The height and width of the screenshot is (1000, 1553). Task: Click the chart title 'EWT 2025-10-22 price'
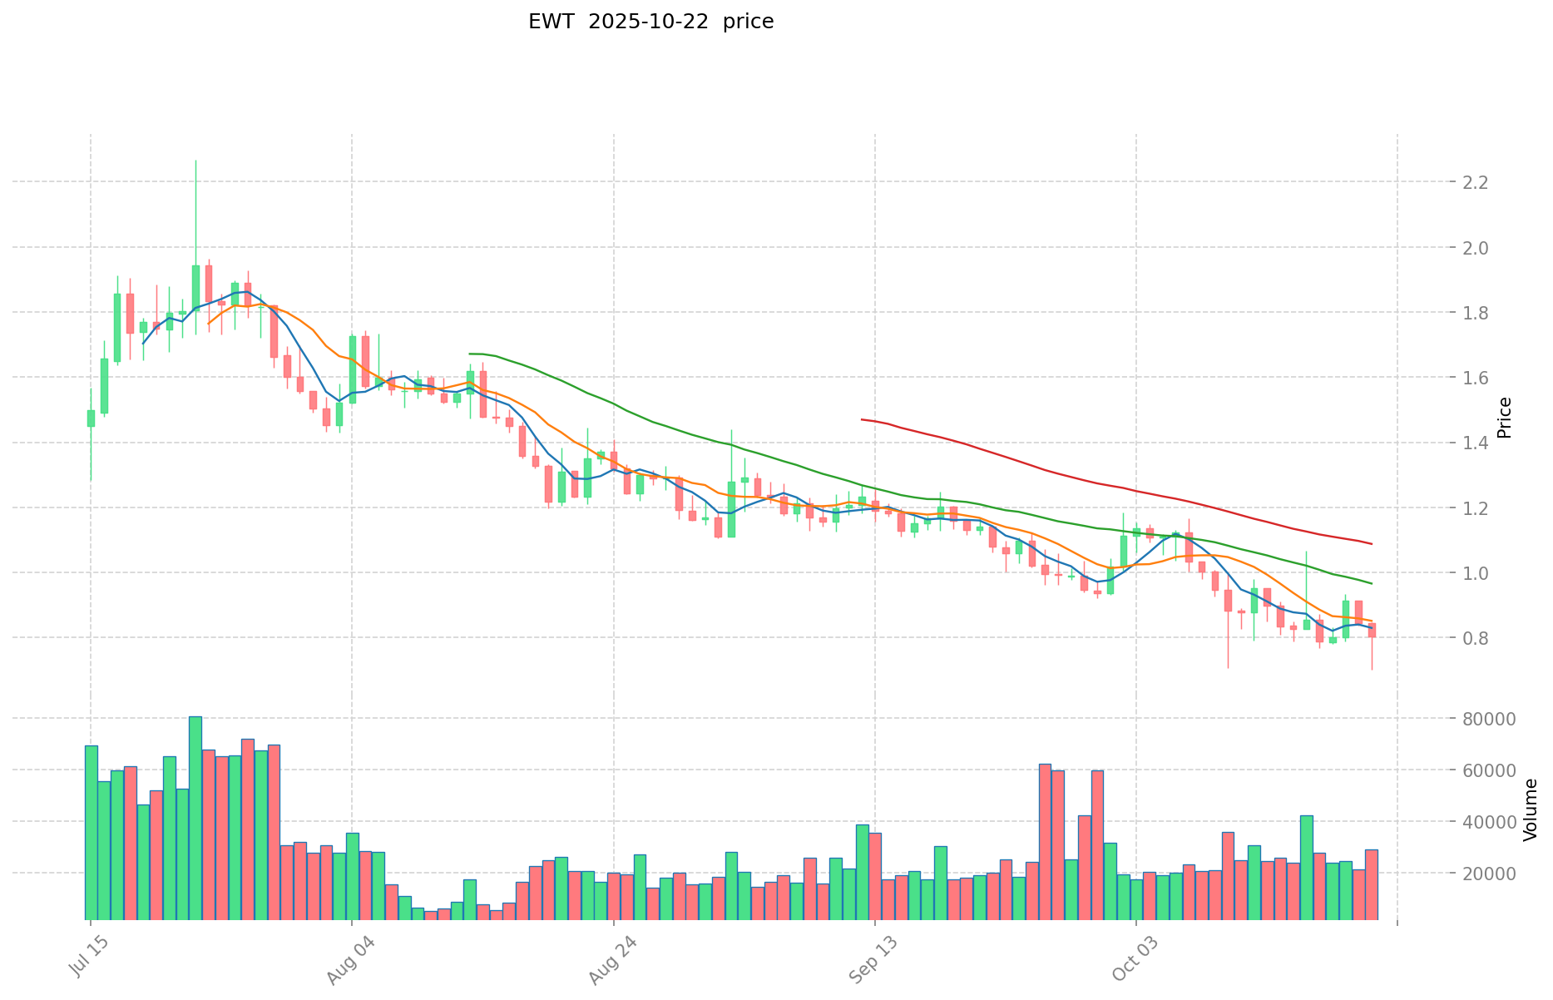(650, 22)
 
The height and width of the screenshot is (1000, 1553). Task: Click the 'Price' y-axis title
(1504, 418)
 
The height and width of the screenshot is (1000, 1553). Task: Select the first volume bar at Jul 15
(91, 832)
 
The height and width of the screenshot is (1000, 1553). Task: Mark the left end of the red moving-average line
(862, 419)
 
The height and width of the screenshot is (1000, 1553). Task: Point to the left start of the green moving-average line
(470, 354)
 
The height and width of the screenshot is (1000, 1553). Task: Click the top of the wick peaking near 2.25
(195, 161)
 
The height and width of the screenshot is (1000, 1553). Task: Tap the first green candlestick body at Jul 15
(91, 418)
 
